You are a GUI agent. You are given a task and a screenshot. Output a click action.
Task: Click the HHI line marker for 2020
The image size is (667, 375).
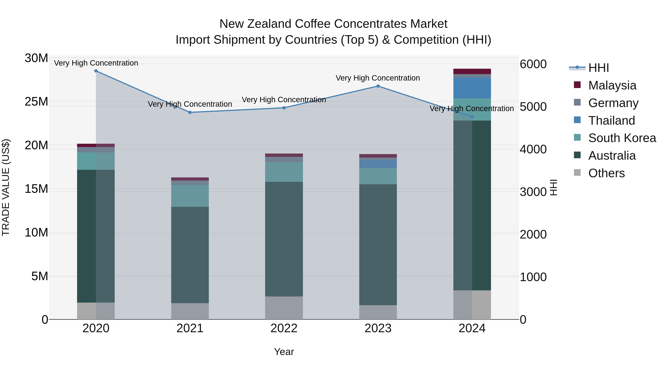point(96,71)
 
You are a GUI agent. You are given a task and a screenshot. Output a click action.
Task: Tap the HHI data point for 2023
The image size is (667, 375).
point(378,86)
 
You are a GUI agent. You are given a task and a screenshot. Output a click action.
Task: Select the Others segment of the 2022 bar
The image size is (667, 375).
point(284,308)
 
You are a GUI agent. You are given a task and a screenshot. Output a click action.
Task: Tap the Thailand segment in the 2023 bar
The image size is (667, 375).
point(378,164)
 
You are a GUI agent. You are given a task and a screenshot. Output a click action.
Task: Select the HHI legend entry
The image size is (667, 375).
point(598,68)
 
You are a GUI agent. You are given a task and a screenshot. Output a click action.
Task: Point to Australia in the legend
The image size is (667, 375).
point(612,156)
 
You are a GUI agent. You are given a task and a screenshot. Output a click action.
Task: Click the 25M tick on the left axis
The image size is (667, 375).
point(36,102)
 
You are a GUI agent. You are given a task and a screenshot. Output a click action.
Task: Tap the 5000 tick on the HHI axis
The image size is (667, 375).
point(533,107)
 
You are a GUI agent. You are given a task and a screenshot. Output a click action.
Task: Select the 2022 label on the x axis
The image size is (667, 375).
point(284,328)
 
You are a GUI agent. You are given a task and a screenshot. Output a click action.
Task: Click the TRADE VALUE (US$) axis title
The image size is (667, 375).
point(6,187)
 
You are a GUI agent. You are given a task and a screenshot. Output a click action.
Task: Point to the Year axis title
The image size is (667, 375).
point(284,352)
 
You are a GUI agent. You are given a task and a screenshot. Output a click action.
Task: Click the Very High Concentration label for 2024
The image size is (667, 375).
point(472,109)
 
